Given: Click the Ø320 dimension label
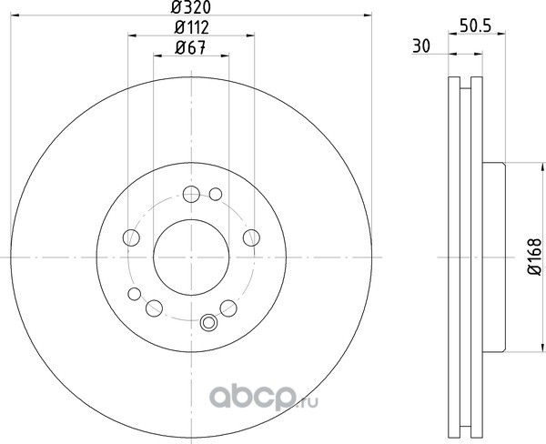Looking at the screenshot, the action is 191,7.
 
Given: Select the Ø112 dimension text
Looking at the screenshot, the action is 191,27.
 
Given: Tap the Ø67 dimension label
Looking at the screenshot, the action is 190,47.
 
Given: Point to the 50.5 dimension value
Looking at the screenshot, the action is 475,26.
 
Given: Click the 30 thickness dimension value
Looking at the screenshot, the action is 421,46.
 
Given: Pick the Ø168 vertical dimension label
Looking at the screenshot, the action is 535,257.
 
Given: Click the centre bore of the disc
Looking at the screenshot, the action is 191,257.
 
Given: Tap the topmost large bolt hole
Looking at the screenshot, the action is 191,194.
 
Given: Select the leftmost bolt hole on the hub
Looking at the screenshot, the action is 131,237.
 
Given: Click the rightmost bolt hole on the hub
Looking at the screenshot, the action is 251,237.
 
